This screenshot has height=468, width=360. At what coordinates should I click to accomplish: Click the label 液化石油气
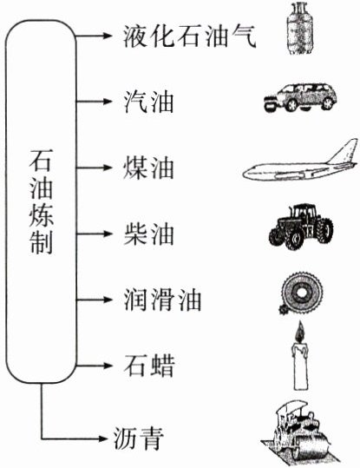pyautogui.click(x=190, y=36)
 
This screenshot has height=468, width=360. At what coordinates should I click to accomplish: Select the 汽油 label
pyautogui.click(x=149, y=102)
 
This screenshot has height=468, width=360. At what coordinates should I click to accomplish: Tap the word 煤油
pyautogui.click(x=149, y=168)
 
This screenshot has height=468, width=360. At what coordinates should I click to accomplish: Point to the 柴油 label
pyautogui.click(x=149, y=234)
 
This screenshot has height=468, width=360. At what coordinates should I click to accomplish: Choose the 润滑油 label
pyautogui.click(x=162, y=300)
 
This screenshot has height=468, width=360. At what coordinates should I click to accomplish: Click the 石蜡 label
pyautogui.click(x=149, y=366)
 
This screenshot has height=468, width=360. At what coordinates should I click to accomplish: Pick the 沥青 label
pyautogui.click(x=139, y=438)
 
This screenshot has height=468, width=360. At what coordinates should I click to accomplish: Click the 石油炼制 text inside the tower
pyautogui.click(x=41, y=201)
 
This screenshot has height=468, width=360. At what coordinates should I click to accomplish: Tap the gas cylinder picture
pyautogui.click(x=300, y=28)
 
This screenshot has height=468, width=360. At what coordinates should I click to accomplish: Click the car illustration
pyautogui.click(x=300, y=97)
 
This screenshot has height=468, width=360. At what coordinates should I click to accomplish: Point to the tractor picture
pyautogui.click(x=301, y=227)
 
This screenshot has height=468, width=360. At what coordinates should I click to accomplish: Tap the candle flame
pyautogui.click(x=300, y=333)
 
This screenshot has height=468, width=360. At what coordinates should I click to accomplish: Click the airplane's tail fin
pyautogui.click(x=345, y=151)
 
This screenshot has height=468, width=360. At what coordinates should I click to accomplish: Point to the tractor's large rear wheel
pyautogui.click(x=324, y=231)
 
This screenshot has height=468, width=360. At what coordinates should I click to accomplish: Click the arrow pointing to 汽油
pyautogui.click(x=94, y=102)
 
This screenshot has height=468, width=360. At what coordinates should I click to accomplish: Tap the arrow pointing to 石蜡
pyautogui.click(x=94, y=366)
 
